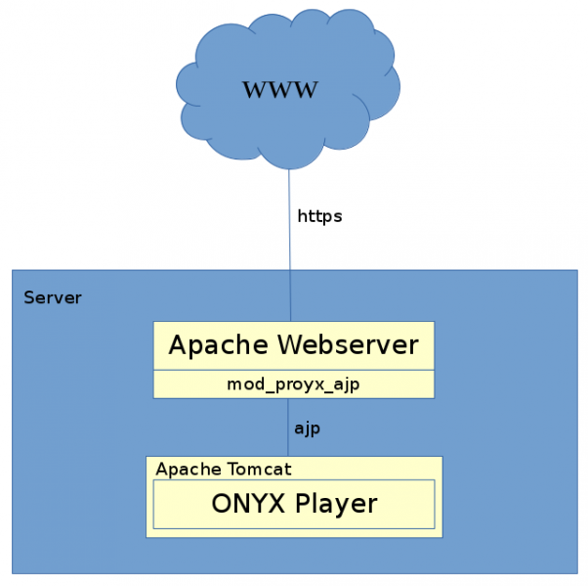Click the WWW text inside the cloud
[x=280, y=90]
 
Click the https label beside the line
[x=319, y=216]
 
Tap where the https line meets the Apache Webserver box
[x=289, y=322]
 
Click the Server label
[x=53, y=297]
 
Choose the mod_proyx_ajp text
[x=293, y=384]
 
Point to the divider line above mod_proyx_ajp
[x=293, y=371]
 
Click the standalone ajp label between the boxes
[x=308, y=428]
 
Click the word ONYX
[x=245, y=504]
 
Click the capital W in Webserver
[x=291, y=345]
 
